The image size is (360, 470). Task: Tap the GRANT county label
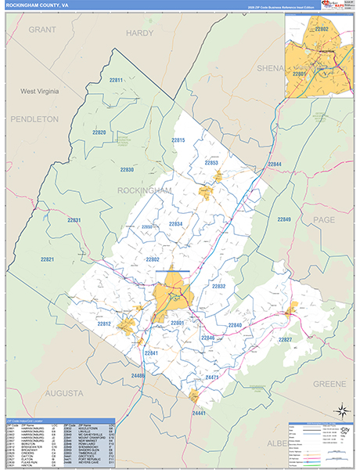click(x=44, y=29)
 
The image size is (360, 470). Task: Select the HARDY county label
click(x=139, y=34)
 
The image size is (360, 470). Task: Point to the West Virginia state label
click(x=39, y=92)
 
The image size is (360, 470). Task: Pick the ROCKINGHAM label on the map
click(x=144, y=190)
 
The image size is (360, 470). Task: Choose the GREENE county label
click(x=329, y=384)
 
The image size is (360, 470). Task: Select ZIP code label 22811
click(x=116, y=81)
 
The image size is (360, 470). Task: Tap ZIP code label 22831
click(x=73, y=220)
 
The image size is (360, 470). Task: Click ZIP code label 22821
click(x=47, y=259)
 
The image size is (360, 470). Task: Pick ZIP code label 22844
click(x=274, y=164)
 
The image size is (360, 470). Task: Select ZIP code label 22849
click(x=283, y=219)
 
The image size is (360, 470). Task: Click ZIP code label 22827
click(x=285, y=339)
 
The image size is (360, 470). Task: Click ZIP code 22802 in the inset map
click(x=321, y=29)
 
